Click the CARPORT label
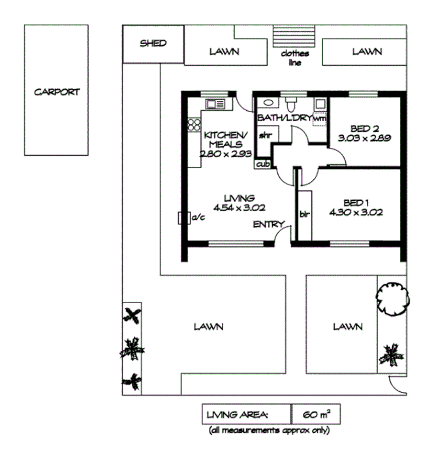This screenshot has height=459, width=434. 57,92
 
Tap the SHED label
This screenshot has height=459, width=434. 153,44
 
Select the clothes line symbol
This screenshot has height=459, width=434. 295,34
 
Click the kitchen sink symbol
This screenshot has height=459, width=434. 215,104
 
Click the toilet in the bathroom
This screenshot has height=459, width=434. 292,104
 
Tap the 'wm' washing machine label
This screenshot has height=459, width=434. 319,119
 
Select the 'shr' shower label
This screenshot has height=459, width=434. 265,136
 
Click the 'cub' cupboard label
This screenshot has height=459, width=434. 262,164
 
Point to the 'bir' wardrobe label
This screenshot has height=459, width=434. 303,213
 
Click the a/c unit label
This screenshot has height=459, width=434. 196,218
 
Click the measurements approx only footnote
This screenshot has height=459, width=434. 270,431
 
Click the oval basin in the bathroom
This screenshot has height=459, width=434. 268,103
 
